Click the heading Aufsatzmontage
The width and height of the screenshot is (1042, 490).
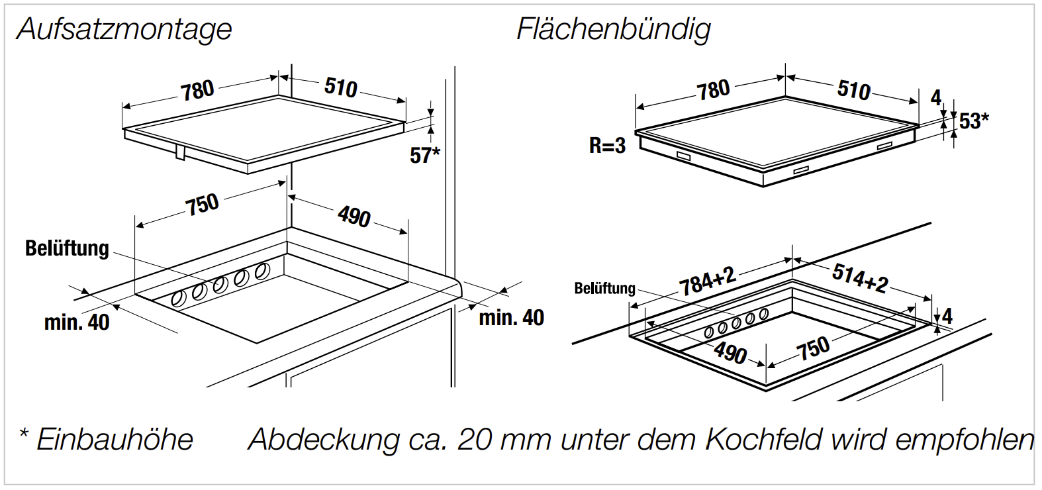[x=124, y=29]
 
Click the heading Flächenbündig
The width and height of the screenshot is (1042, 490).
[x=613, y=29]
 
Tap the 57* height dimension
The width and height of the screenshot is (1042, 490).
[x=424, y=155]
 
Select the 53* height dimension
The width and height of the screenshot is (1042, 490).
[x=974, y=121]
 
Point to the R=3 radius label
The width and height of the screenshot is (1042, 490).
[x=607, y=146]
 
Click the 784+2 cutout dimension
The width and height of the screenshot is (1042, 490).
[x=707, y=281]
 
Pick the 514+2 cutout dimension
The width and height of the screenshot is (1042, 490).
[x=859, y=277]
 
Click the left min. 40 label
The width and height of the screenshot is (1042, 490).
[x=77, y=322]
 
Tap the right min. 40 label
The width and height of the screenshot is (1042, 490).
[x=511, y=318]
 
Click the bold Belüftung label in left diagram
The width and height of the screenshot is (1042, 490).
[x=67, y=248]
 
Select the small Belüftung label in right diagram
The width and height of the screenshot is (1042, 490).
[x=604, y=289]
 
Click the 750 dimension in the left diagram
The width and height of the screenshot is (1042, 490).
[x=202, y=204]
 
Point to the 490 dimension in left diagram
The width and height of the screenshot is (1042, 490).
[x=354, y=217]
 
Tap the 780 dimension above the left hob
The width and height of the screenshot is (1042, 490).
[x=197, y=90]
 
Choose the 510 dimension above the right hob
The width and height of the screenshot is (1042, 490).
[x=853, y=89]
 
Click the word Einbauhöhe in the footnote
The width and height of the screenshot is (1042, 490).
[x=115, y=440]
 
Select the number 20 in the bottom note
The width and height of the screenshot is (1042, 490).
[x=474, y=440]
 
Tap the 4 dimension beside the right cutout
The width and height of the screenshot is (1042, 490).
[x=947, y=316]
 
